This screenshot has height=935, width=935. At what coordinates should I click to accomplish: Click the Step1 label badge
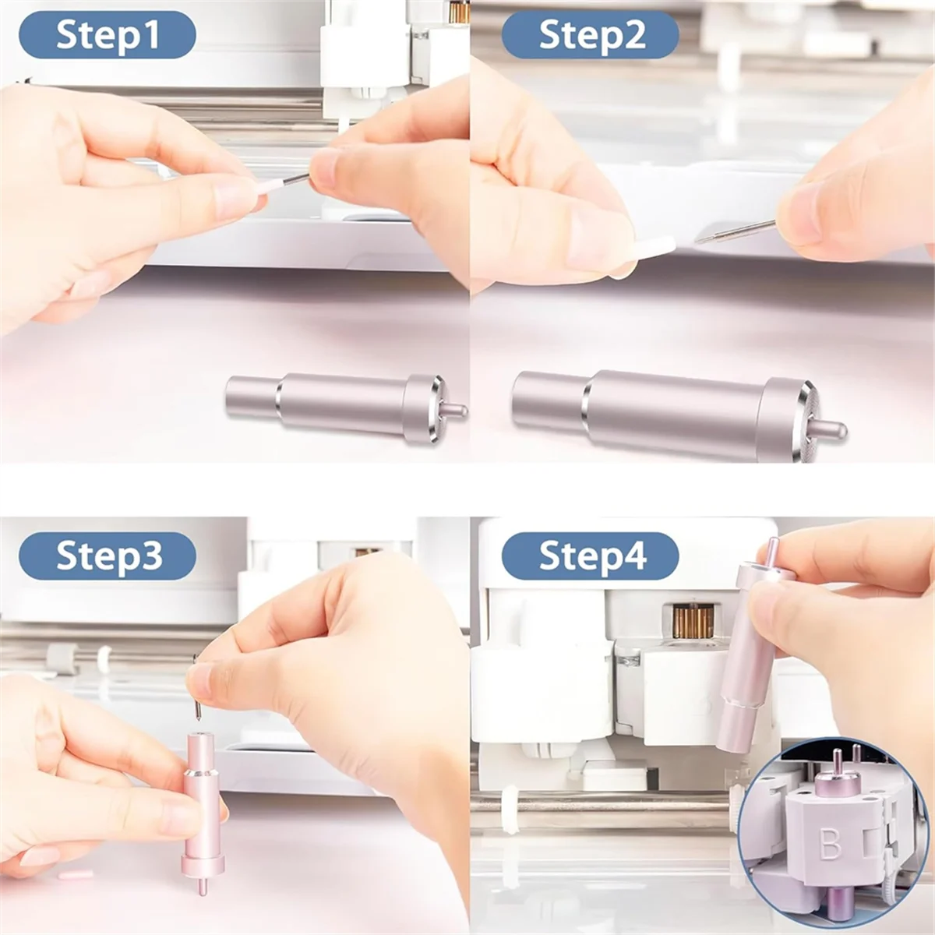click(108, 35)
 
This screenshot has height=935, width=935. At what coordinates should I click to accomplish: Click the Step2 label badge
click(591, 35)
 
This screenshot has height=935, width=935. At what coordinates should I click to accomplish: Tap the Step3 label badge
click(108, 556)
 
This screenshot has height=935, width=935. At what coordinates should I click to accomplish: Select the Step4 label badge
click(591, 556)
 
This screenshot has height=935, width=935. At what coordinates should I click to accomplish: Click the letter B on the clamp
click(831, 844)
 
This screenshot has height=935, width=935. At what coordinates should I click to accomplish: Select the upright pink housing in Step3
click(203, 803)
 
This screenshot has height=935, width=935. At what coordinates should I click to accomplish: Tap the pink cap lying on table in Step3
click(76, 874)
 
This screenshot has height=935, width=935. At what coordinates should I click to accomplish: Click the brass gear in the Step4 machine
click(692, 622)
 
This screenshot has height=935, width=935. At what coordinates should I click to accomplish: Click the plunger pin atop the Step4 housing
click(771, 552)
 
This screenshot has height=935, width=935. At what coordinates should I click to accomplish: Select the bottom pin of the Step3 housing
click(203, 886)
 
